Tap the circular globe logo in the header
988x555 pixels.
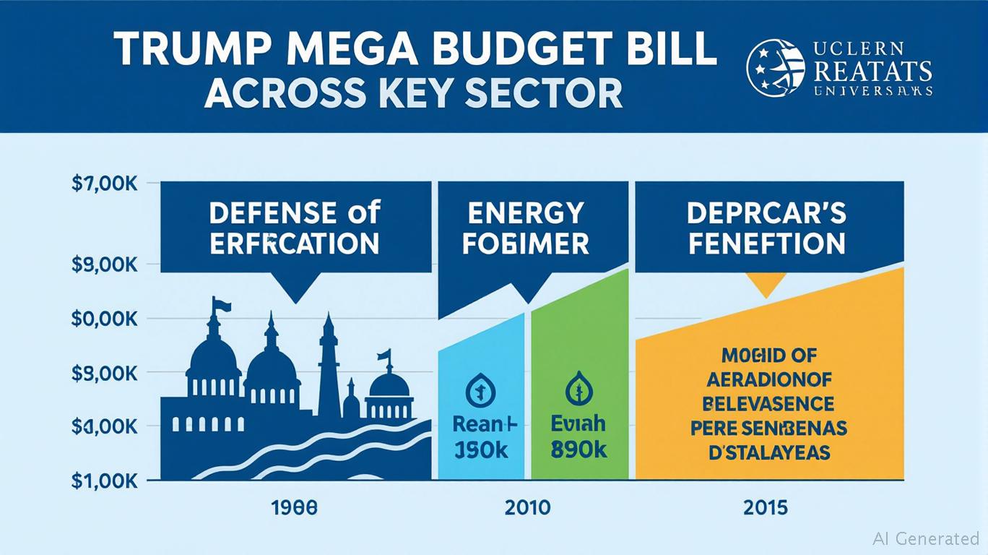pyautogui.click(x=775, y=68)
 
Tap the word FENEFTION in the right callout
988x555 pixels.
pyautogui.click(x=766, y=244)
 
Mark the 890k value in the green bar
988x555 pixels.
pyautogui.click(x=578, y=450)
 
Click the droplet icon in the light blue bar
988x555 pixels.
pyautogui.click(x=480, y=390)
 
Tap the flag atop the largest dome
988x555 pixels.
pyautogui.click(x=221, y=305)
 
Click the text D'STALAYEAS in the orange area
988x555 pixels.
pyautogui.click(x=768, y=453)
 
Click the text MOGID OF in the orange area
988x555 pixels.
pyautogui.click(x=768, y=355)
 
